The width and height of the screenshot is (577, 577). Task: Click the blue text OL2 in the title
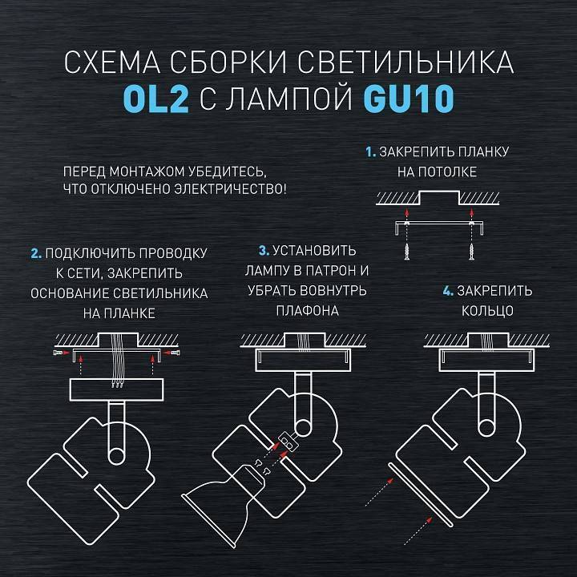151,100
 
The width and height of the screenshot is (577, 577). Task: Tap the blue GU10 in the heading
409,100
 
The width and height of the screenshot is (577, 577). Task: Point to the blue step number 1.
370,151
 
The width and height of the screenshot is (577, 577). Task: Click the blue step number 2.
35,253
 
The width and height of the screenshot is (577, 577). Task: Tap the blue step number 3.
263,250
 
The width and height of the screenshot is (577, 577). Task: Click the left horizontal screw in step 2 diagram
58,353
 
